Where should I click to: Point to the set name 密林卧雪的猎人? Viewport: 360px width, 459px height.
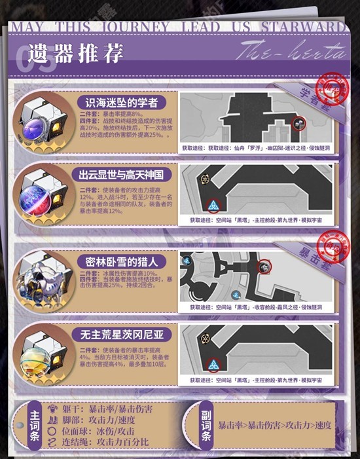coord(117,260)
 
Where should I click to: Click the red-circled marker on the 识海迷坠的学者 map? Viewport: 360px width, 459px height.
coord(298,122)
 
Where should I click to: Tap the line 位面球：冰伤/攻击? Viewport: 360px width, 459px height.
coord(98,431)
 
